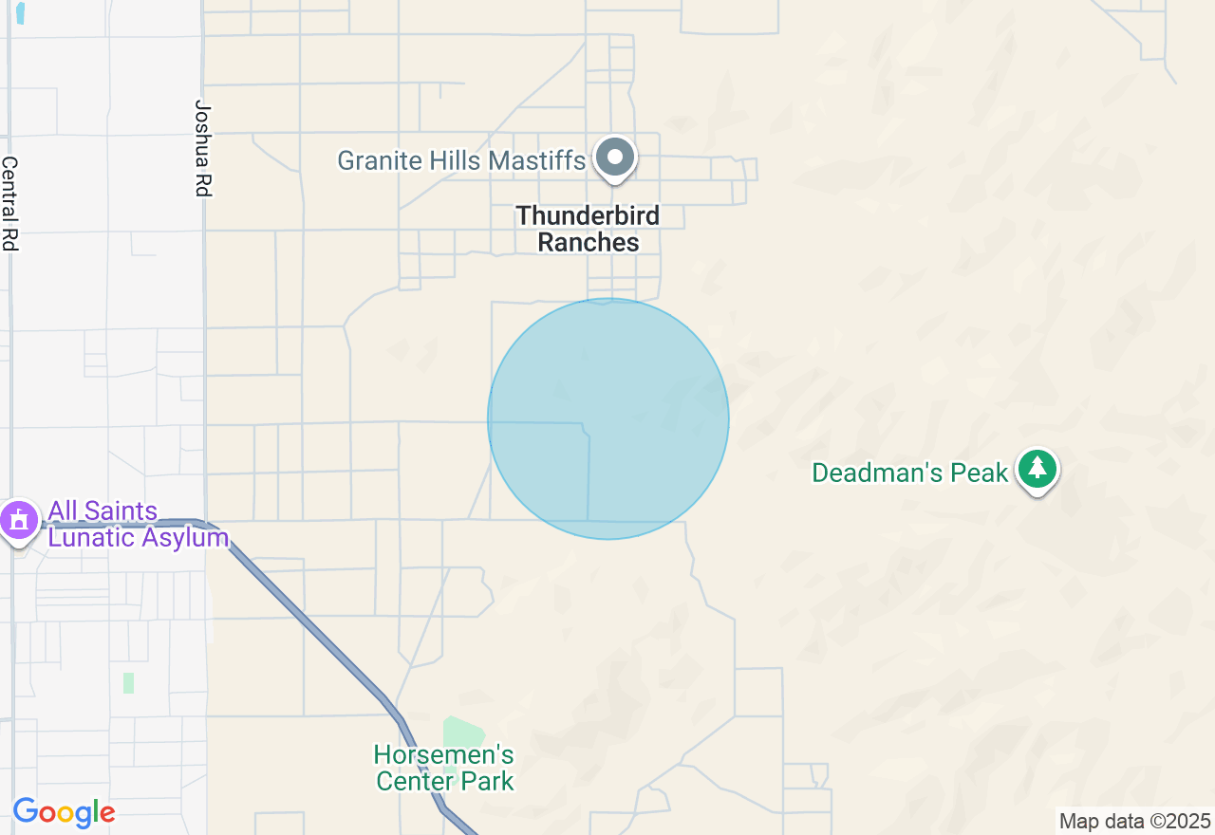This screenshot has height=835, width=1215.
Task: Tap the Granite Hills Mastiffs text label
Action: pos(461,160)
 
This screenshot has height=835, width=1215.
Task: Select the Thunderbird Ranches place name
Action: pos(588,229)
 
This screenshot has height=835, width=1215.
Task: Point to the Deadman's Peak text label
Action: pos(909,473)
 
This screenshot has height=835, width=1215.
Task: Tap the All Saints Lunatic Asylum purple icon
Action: pos(18,520)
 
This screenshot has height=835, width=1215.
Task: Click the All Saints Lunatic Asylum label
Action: pos(138,525)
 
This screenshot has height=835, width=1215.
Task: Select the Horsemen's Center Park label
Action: pos(444,769)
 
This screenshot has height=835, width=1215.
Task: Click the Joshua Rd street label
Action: pos(200,148)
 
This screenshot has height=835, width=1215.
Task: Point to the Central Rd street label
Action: pos(9,203)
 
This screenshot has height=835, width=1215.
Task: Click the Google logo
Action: pos(64,813)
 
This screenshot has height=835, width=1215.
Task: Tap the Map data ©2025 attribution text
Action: pos(1135,821)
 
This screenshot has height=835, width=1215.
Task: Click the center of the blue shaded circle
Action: pos(608,418)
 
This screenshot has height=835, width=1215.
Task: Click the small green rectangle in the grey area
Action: pos(128,682)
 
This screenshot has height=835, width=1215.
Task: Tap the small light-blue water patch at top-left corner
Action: pos(21,12)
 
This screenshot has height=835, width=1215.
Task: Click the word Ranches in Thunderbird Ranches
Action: pos(588,242)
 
